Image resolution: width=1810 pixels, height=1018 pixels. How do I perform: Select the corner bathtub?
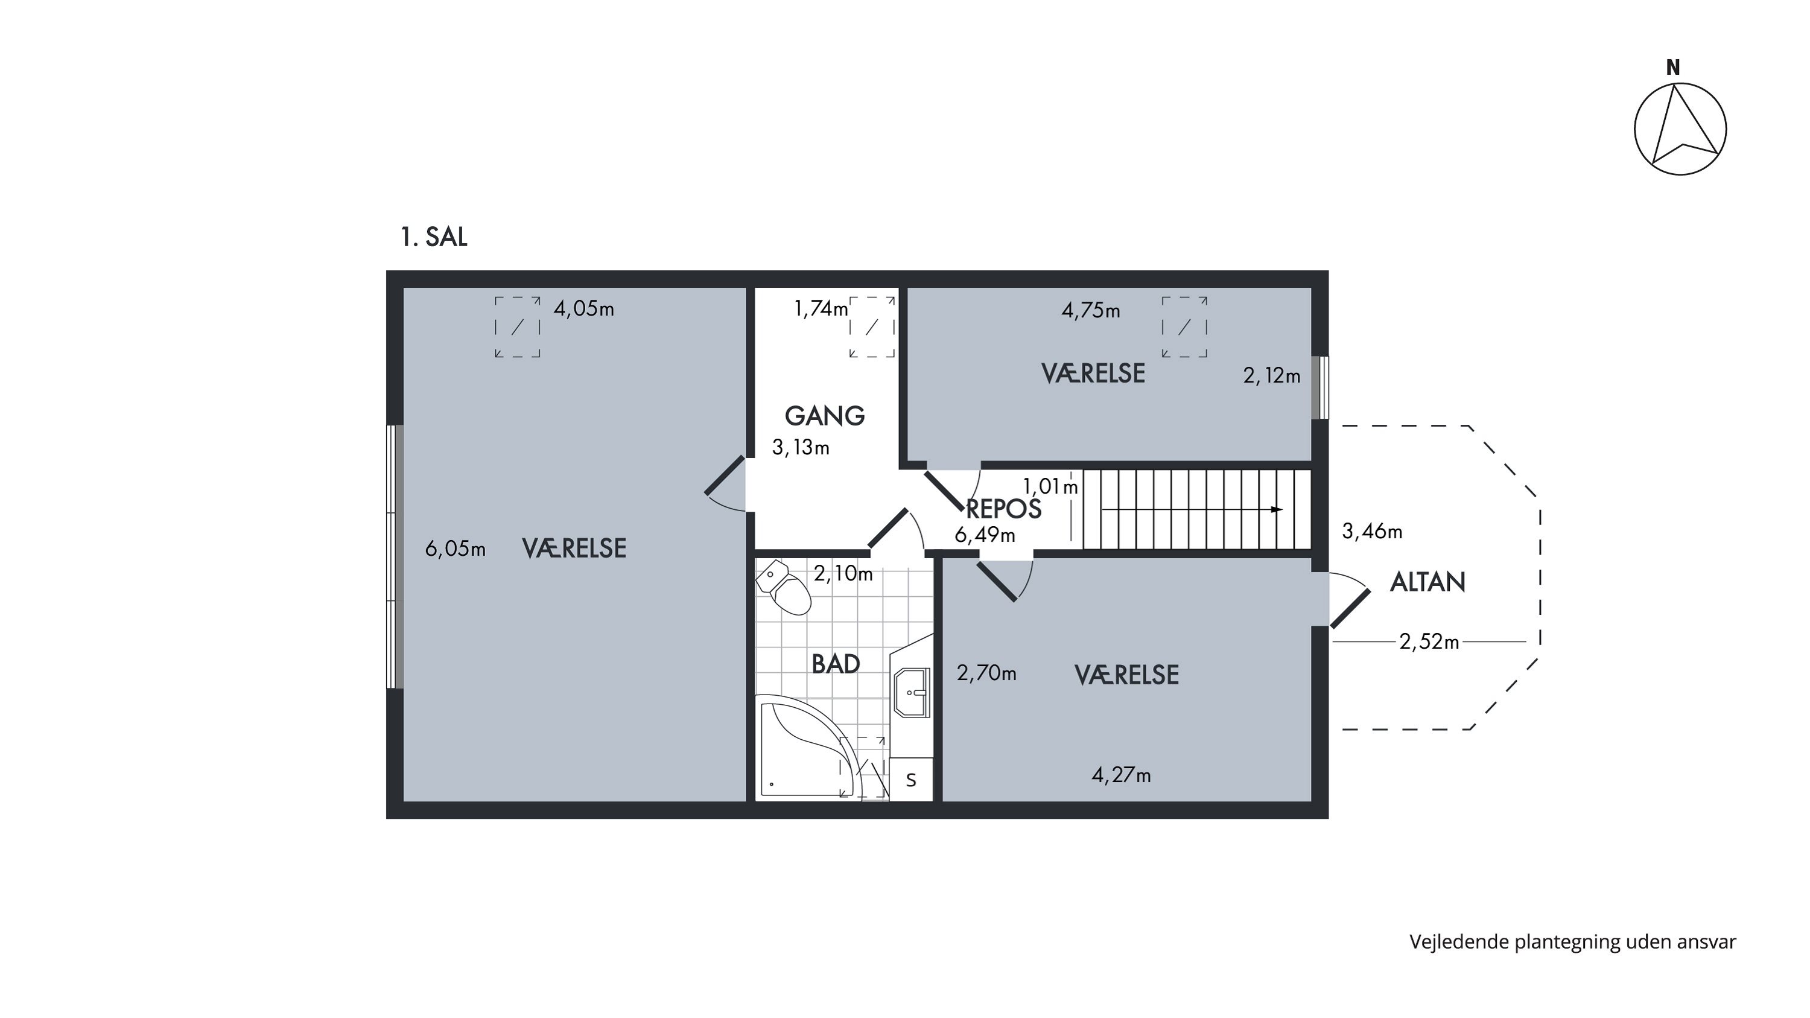pyautogui.click(x=808, y=748)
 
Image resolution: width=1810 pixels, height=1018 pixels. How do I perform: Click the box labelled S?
pyautogui.click(x=911, y=779)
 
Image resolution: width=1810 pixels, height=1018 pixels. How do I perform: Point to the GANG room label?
pyautogui.click(x=825, y=416)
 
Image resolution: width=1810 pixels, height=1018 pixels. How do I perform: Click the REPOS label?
pyautogui.click(x=1003, y=509)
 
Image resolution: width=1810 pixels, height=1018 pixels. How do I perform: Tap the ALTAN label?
pyautogui.click(x=1427, y=582)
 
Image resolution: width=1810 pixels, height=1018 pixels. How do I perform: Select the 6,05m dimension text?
pyautogui.click(x=456, y=549)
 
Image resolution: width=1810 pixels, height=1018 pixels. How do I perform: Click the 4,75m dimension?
pyautogui.click(x=1090, y=311)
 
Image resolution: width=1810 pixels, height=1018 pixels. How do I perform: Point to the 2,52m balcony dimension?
pyautogui.click(x=1429, y=641)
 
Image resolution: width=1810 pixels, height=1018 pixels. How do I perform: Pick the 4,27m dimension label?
pyautogui.click(x=1122, y=775)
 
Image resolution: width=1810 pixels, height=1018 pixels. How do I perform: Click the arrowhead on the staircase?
pyautogui.click(x=1277, y=509)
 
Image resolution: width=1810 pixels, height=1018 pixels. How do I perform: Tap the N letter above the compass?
pyautogui.click(x=1673, y=68)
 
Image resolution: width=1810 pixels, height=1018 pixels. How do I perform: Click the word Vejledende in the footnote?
pyautogui.click(x=1459, y=941)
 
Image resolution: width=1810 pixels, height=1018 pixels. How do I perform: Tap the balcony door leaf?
pyautogui.click(x=1350, y=608)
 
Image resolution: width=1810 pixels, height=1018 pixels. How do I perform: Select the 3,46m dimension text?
pyautogui.click(x=1372, y=532)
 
